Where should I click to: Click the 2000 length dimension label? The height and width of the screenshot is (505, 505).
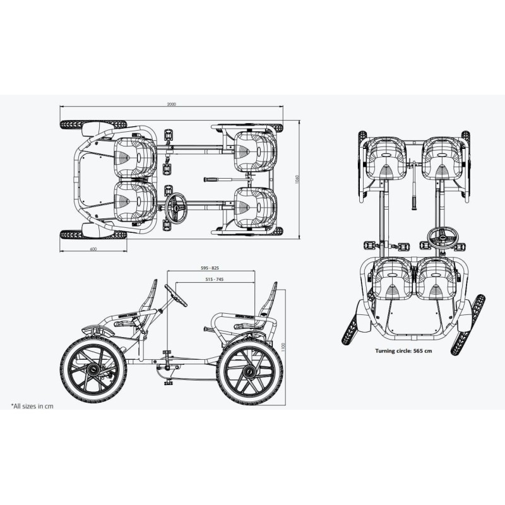[x=172, y=104]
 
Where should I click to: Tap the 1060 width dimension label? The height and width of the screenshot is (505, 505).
[x=297, y=180]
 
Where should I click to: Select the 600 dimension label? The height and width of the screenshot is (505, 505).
[x=93, y=249]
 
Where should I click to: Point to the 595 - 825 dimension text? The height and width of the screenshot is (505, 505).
[x=210, y=268]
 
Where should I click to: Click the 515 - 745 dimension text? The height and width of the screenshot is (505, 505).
[x=214, y=279]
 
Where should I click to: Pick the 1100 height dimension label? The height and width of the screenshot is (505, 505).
[x=283, y=347]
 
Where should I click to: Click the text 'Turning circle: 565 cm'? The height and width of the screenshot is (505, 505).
[x=403, y=351]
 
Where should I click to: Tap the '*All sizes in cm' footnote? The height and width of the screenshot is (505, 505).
[x=32, y=406]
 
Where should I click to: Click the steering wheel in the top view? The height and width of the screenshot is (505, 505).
[x=176, y=208]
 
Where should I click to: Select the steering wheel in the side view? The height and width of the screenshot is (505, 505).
[x=176, y=295]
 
